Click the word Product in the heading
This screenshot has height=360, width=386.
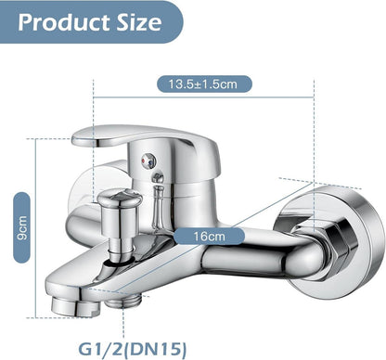(64, 22)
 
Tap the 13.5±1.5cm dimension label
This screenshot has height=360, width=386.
(204, 84)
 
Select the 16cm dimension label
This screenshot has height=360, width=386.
(210, 237)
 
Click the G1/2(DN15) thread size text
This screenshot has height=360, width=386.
(133, 349)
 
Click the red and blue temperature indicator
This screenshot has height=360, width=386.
(148, 160)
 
